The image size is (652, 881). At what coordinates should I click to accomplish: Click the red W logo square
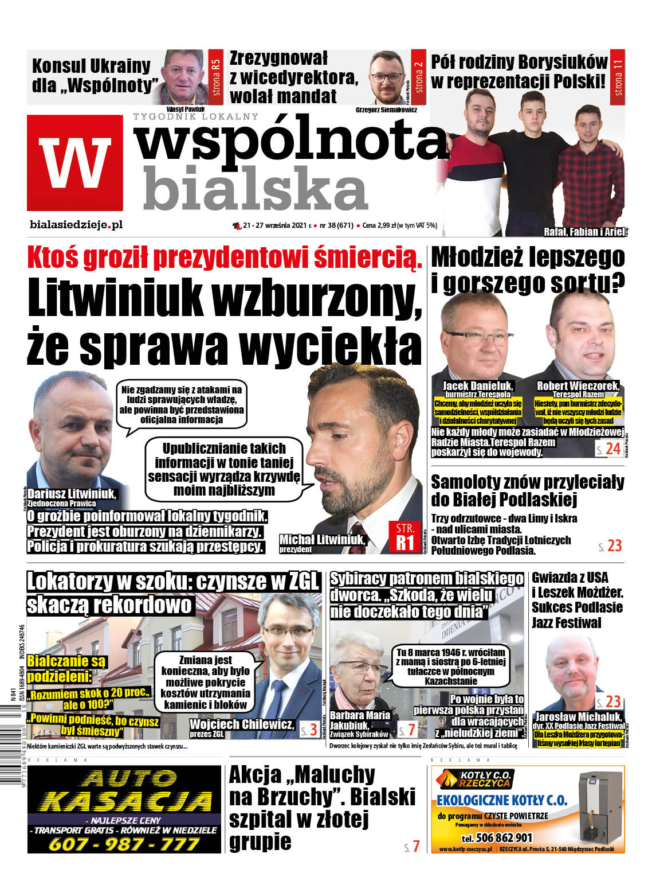coord(74,163)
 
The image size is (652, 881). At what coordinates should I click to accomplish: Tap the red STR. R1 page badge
coord(404,536)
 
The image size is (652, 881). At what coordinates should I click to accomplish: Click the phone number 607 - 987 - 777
coord(124,844)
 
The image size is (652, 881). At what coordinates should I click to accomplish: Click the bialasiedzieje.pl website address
coord(76,225)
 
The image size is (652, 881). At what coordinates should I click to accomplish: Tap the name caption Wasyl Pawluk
coord(186,108)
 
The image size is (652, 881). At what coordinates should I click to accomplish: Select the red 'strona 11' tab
coord(617,76)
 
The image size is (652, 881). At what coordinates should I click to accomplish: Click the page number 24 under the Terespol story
coord(613,449)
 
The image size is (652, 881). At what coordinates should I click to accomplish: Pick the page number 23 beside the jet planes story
coord(614,545)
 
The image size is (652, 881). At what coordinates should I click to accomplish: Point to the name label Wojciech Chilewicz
coord(241,724)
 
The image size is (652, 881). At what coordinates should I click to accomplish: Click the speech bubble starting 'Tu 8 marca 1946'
coord(451,666)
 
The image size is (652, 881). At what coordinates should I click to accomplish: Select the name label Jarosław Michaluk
coord(578,716)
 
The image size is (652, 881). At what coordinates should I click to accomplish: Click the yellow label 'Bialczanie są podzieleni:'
coord(66,668)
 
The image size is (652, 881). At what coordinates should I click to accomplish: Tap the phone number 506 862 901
coord(496,837)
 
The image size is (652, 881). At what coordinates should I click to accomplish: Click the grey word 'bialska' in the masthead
coord(255,187)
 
